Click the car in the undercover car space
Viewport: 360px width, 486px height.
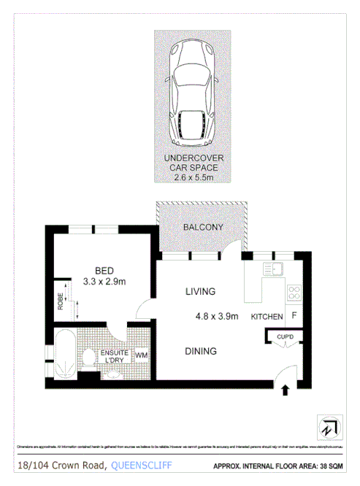click(191, 93)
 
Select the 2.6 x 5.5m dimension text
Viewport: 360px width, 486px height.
click(192, 176)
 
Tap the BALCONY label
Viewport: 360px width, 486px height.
click(202, 228)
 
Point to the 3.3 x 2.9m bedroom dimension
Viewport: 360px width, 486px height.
click(105, 282)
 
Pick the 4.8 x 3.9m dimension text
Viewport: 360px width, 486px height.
click(217, 317)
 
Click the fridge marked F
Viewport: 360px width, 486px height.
click(294, 316)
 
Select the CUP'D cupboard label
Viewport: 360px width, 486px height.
click(285, 336)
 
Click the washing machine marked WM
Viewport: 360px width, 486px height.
click(141, 356)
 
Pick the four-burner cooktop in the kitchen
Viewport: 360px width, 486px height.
click(294, 293)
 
